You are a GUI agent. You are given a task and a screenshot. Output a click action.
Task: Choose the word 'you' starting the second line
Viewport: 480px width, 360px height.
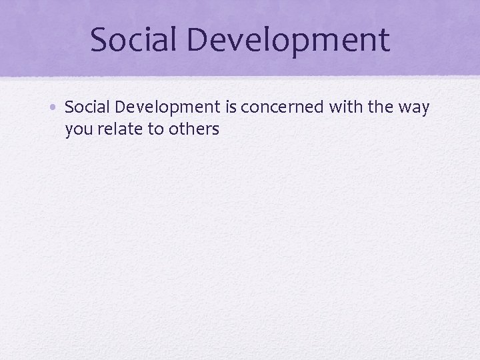coord(78,129)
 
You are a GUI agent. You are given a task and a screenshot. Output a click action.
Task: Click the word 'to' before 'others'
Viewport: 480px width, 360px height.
coord(155,129)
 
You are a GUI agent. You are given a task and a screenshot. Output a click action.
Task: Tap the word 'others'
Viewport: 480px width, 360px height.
coord(193,129)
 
